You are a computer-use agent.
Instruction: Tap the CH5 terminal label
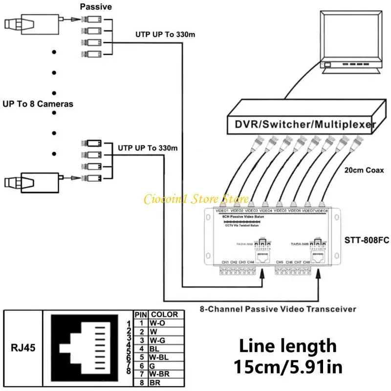point(280,262)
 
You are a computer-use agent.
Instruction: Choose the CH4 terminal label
point(251,262)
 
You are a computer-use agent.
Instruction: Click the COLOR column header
point(164,315)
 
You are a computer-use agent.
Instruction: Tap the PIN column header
point(140,315)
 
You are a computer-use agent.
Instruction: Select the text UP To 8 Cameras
point(38,104)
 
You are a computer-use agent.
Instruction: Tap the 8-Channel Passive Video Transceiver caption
point(278,309)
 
